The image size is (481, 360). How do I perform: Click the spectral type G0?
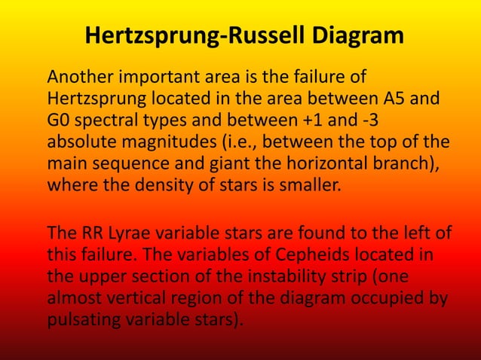59,121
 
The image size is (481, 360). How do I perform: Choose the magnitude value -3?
392,121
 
